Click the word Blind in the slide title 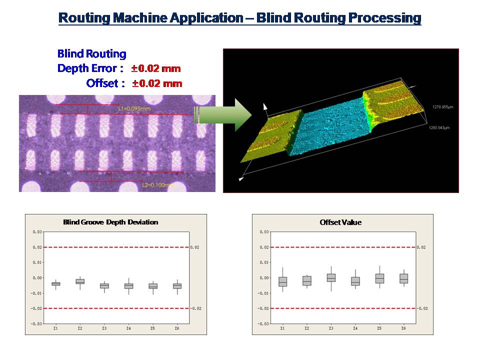pyautogui.click(x=273, y=18)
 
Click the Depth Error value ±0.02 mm pyautogui.click(x=156, y=68)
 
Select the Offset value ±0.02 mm pyautogui.click(x=157, y=83)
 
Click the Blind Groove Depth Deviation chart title pyautogui.click(x=110, y=222)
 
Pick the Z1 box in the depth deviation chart pyautogui.click(x=56, y=283)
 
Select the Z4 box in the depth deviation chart pyautogui.click(x=128, y=286)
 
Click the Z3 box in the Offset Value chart pyautogui.click(x=331, y=278)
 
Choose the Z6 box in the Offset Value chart pyautogui.click(x=403, y=278)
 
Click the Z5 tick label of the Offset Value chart pyautogui.click(x=379, y=328)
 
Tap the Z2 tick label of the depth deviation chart pyautogui.click(x=80, y=328)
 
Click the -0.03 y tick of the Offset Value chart pyautogui.click(x=264, y=324)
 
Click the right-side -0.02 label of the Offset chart pyautogui.click(x=422, y=308)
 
